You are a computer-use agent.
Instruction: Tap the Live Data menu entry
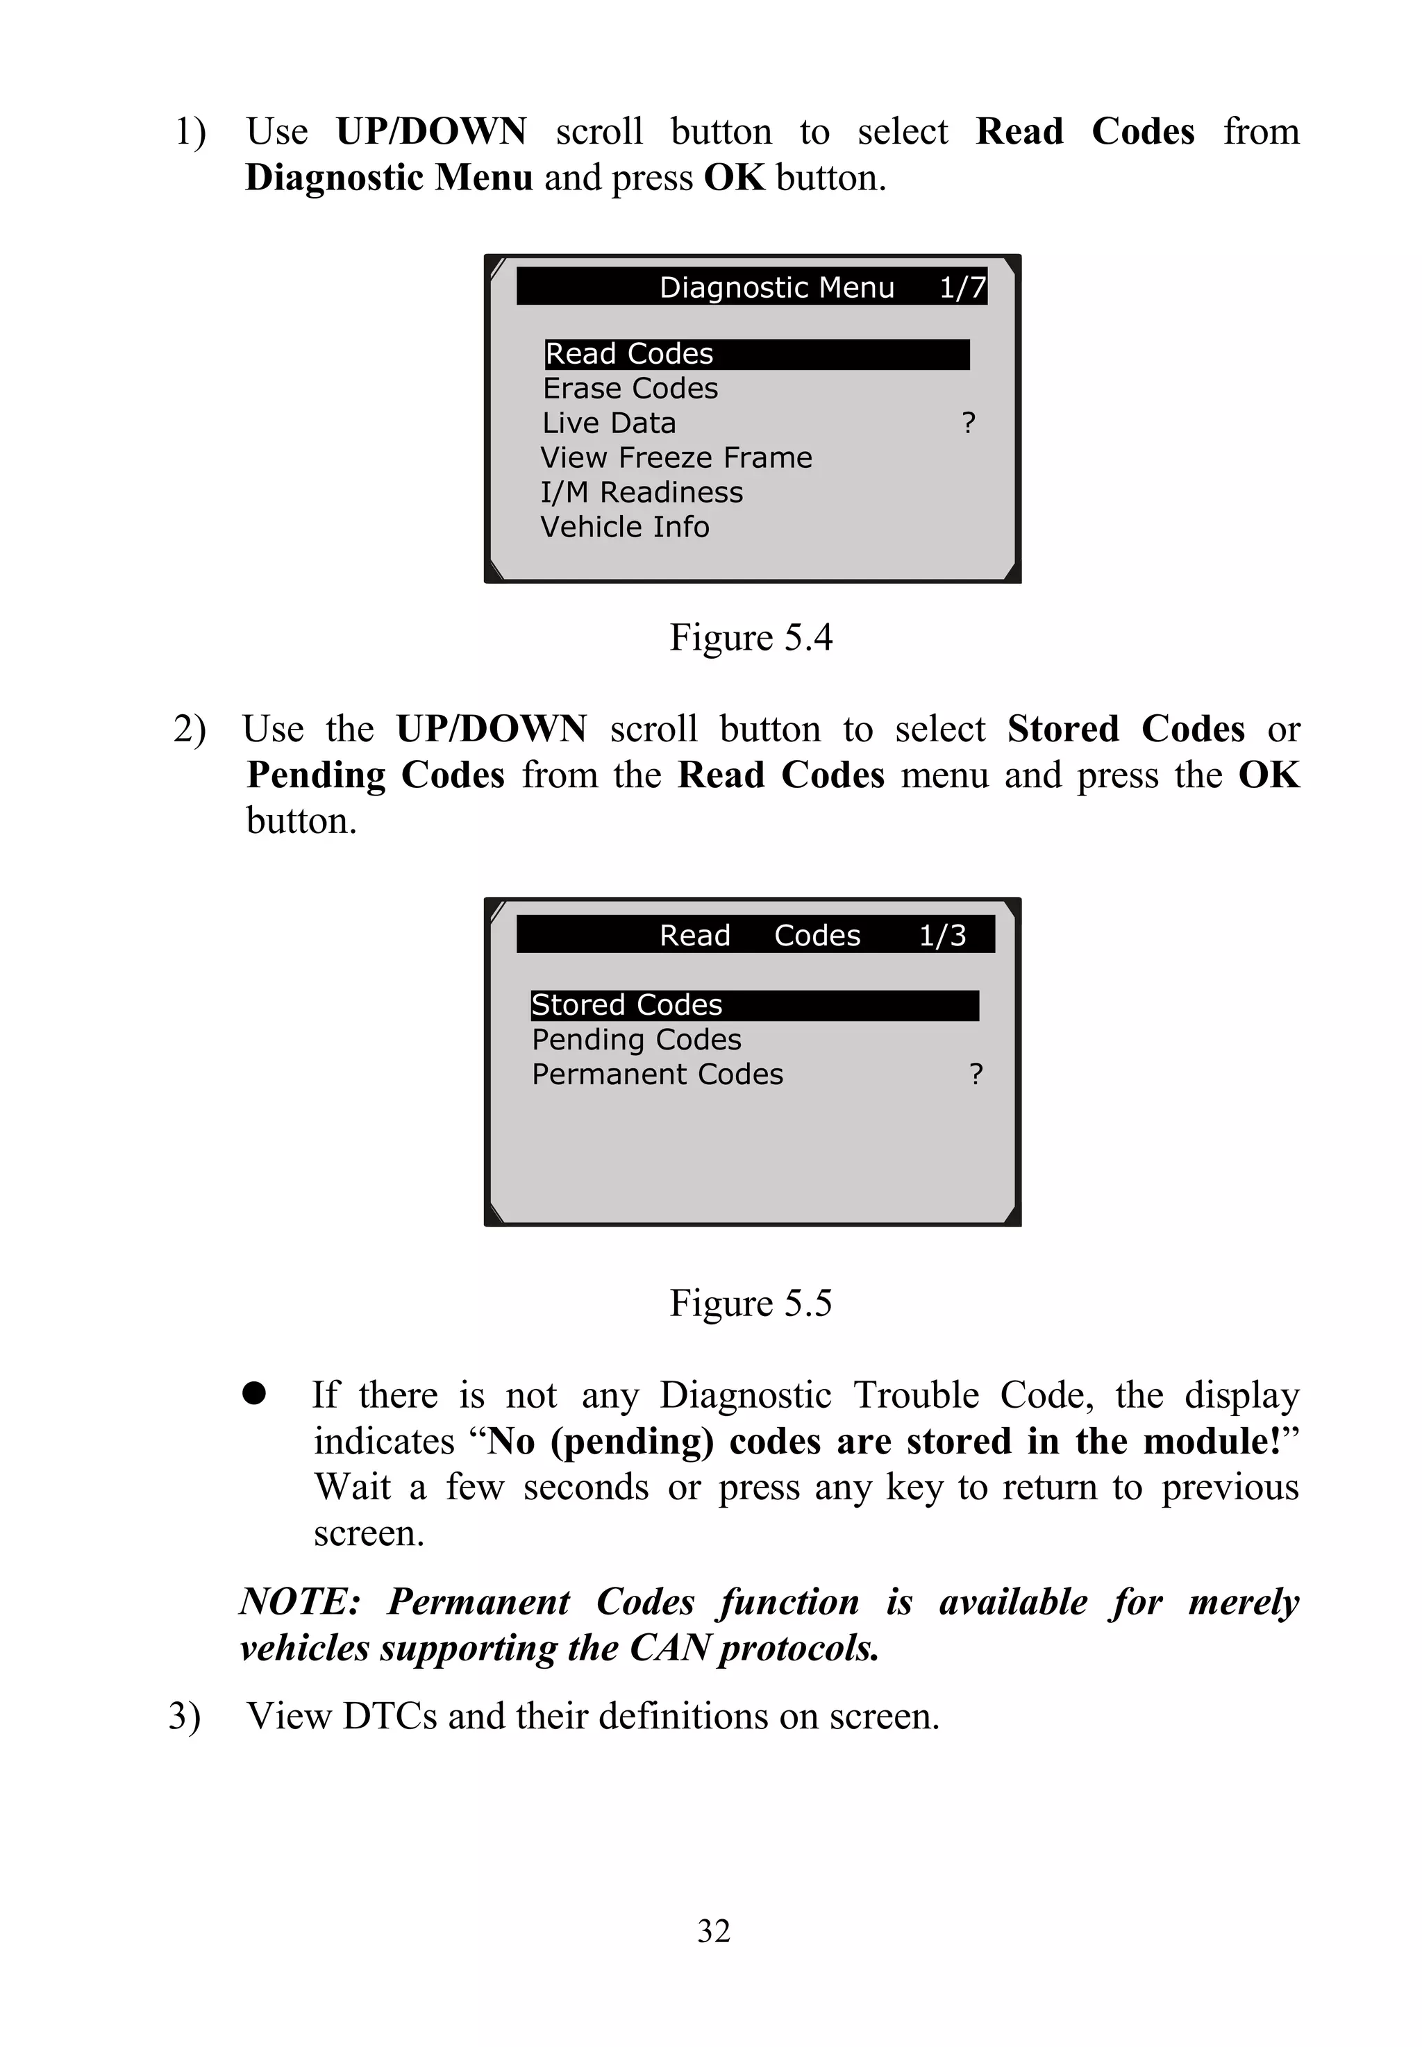610,423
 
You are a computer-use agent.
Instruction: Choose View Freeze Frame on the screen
676,458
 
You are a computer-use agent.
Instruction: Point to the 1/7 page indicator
962,288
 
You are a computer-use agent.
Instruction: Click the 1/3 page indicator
942,935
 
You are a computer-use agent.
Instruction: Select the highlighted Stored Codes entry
626,1006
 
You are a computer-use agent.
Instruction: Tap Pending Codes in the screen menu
636,1040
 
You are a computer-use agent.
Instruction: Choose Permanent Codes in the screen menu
658,1075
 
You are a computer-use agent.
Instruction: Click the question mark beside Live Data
969,423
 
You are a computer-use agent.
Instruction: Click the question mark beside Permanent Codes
976,1075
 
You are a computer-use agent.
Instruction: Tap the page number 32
714,1931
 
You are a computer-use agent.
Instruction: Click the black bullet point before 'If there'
254,1394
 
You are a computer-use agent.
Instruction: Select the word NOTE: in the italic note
299,1601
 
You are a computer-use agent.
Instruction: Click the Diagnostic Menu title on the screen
776,288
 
